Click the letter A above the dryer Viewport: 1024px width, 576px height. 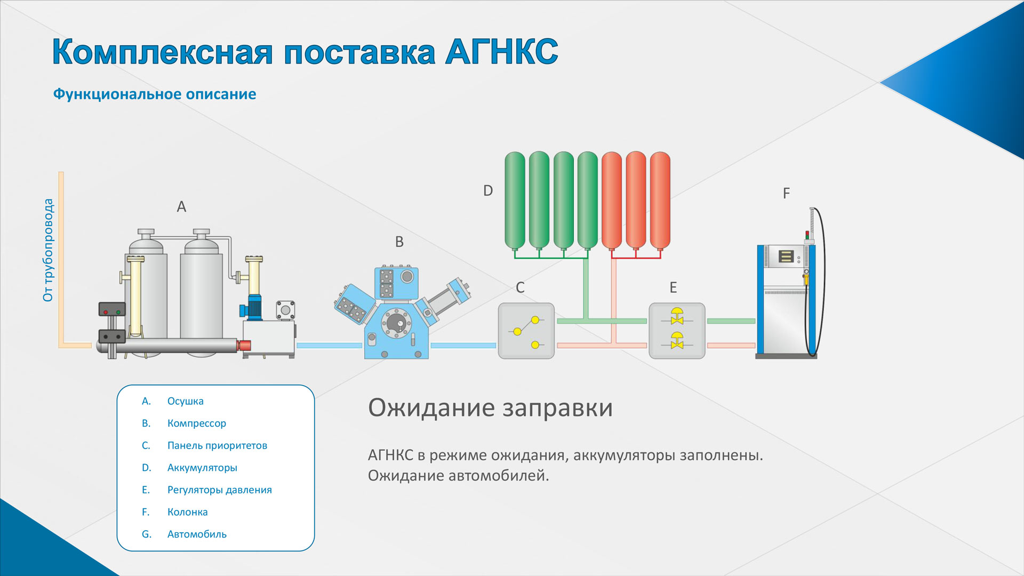click(x=181, y=206)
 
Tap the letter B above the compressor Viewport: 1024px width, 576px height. click(x=399, y=242)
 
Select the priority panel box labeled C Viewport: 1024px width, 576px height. click(x=526, y=331)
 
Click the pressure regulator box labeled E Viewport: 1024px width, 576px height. click(x=677, y=331)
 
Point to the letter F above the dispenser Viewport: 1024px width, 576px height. click(x=786, y=193)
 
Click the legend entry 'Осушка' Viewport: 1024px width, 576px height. click(x=186, y=401)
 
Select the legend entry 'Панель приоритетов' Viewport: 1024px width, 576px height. click(x=217, y=445)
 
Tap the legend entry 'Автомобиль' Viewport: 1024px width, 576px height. click(x=197, y=534)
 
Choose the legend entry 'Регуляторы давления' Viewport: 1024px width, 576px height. click(x=219, y=490)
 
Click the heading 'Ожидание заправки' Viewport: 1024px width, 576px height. click(x=490, y=408)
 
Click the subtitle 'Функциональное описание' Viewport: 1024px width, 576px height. click(x=155, y=94)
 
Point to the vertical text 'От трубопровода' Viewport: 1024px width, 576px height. click(x=48, y=250)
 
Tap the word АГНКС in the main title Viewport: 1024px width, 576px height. click(x=502, y=52)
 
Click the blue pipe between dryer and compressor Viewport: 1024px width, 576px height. click(x=329, y=346)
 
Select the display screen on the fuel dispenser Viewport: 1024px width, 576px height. click(x=786, y=256)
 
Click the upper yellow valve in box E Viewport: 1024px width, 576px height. click(x=677, y=316)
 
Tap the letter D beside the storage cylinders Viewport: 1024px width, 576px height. click(x=488, y=190)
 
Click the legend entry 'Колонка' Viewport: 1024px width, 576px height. click(x=187, y=512)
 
